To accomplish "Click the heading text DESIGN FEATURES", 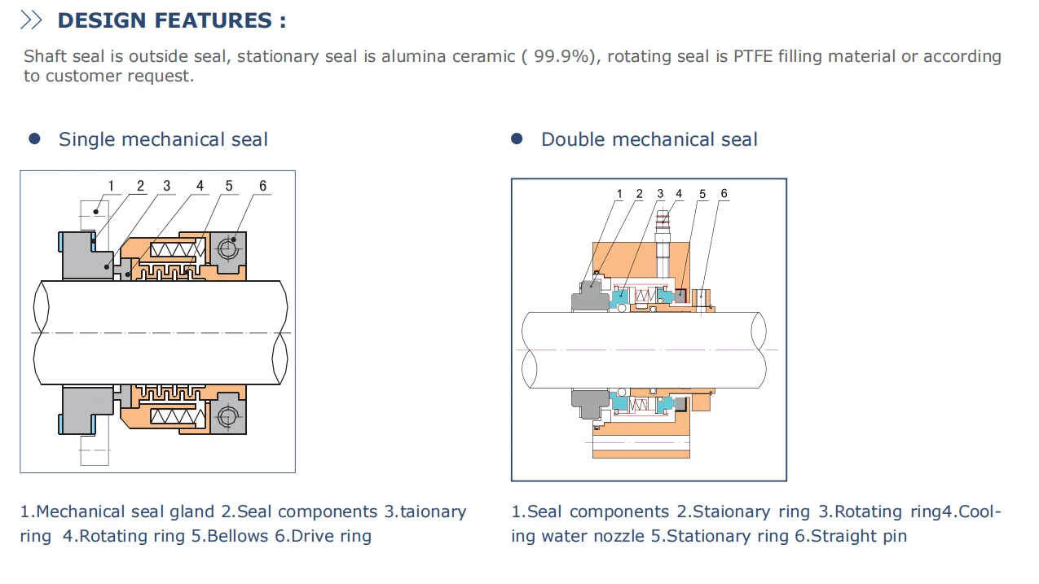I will (x=172, y=20).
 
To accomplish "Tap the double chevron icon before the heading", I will (x=31, y=20).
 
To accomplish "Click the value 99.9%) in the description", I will (x=565, y=56).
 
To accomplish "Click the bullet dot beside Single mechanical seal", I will (x=34, y=139).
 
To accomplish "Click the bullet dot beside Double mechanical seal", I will (x=517, y=139).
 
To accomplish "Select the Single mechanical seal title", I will (x=163, y=139).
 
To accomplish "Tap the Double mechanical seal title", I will (x=649, y=139).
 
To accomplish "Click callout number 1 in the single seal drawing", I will (x=112, y=187).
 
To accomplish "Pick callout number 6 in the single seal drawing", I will (x=262, y=187).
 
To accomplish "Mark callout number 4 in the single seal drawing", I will (x=200, y=187).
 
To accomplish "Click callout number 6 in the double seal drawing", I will (x=724, y=194).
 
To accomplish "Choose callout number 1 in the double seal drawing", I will (x=619, y=194).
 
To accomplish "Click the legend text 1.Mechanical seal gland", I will (x=117, y=512).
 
